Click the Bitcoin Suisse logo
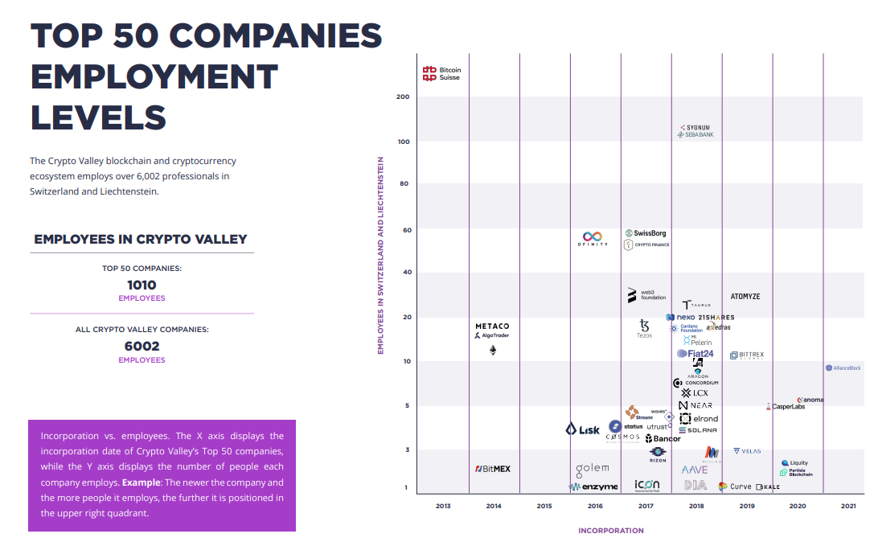pyautogui.click(x=441, y=74)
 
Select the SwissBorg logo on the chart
pyautogui.click(x=645, y=233)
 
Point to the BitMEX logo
pyautogui.click(x=492, y=469)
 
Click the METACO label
pyautogui.click(x=492, y=326)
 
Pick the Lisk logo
pyautogui.click(x=583, y=429)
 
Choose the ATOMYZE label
pyautogui.click(x=745, y=297)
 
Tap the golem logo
pyautogui.click(x=592, y=468)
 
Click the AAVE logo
pyautogui.click(x=695, y=470)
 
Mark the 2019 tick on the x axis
pyautogui.click(x=747, y=506)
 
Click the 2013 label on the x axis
pyautogui.click(x=443, y=506)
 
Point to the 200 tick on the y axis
pyautogui.click(x=403, y=97)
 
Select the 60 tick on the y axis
pyautogui.click(x=406, y=230)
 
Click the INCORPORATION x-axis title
pyautogui.click(x=611, y=531)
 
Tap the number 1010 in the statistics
pyautogui.click(x=142, y=285)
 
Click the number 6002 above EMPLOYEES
pyautogui.click(x=142, y=347)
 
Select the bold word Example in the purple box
pyautogui.click(x=141, y=482)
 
